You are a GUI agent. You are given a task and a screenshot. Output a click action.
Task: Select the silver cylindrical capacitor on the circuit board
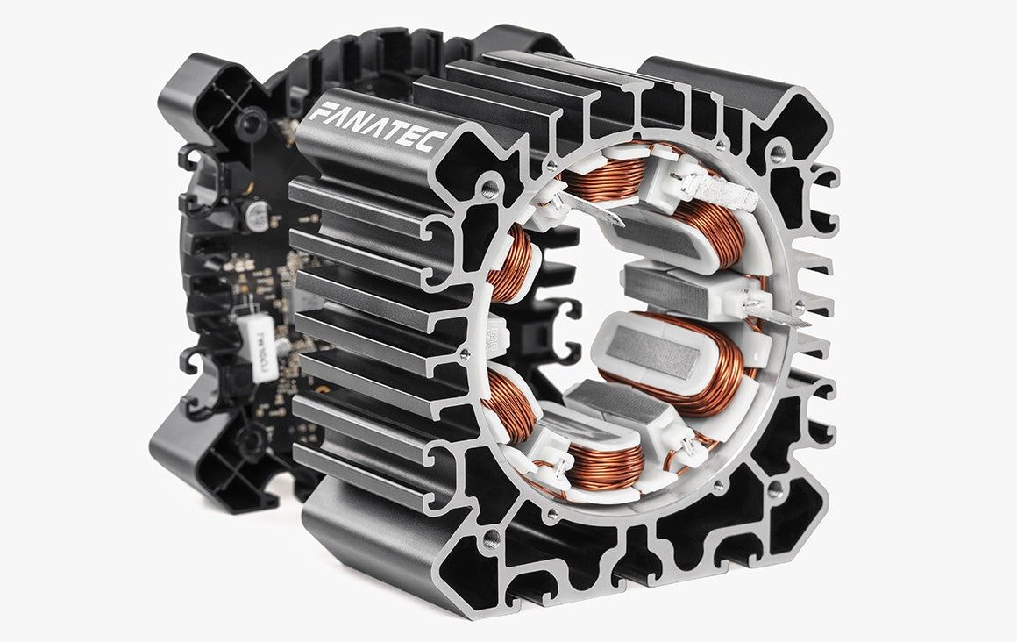pyautogui.click(x=256, y=217)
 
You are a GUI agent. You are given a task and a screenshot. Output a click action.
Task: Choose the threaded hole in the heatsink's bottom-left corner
pyautogui.click(x=492, y=536)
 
